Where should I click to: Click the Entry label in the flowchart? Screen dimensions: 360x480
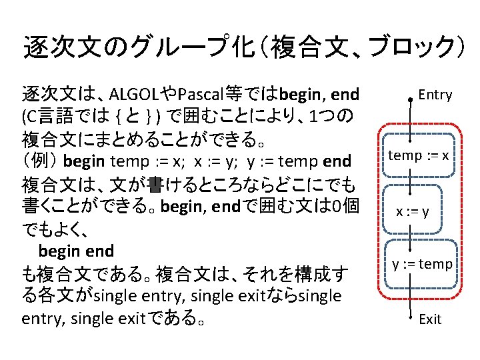tap(435, 95)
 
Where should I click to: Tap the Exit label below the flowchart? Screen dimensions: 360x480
tap(430, 319)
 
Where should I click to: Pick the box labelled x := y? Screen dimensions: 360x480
tap(413, 212)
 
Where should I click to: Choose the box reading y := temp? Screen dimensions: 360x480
tap(421, 265)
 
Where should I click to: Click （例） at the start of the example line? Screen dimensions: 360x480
tap(41, 161)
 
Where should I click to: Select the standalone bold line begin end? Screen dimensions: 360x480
tap(76, 251)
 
